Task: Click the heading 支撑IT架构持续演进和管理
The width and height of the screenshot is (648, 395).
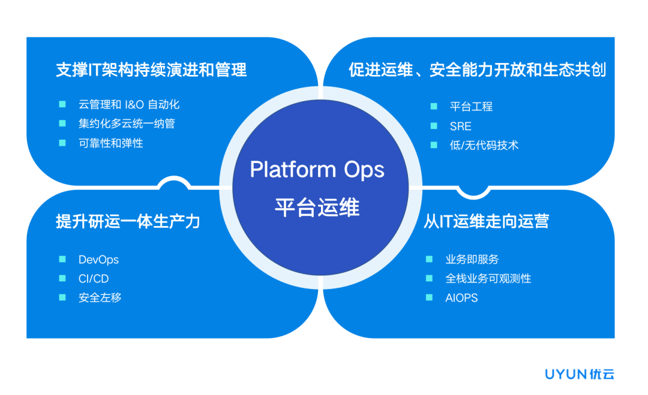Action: point(151,70)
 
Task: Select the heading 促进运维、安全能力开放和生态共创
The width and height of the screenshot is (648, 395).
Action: point(477,70)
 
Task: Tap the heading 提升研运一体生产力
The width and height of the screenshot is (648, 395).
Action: point(128,221)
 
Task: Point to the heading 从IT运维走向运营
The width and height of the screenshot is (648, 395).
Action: point(486,221)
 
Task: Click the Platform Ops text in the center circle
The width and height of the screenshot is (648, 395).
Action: point(317,170)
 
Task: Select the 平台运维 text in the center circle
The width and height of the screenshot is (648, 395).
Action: point(317,207)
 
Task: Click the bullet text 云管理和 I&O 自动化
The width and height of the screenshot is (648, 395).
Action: point(129,104)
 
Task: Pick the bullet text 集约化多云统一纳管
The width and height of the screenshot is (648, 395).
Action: point(127,123)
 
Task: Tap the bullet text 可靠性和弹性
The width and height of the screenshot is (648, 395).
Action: point(110,143)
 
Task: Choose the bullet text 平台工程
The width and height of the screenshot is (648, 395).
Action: point(471,107)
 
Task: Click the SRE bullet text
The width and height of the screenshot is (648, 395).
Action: point(460,126)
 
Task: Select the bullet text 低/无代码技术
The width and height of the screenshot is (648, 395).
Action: point(484,145)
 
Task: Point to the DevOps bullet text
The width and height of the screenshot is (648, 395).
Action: point(98,260)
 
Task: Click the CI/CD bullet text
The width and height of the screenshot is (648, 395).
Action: point(94,279)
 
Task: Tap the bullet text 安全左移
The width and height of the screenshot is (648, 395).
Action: point(100,298)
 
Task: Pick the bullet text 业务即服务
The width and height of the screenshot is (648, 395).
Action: point(472,260)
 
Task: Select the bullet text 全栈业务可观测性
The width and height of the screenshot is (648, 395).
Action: point(488,279)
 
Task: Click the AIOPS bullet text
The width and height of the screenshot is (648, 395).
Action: point(461,298)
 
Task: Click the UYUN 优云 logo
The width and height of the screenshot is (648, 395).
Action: point(580,375)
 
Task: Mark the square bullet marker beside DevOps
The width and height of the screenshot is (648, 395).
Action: point(62,260)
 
